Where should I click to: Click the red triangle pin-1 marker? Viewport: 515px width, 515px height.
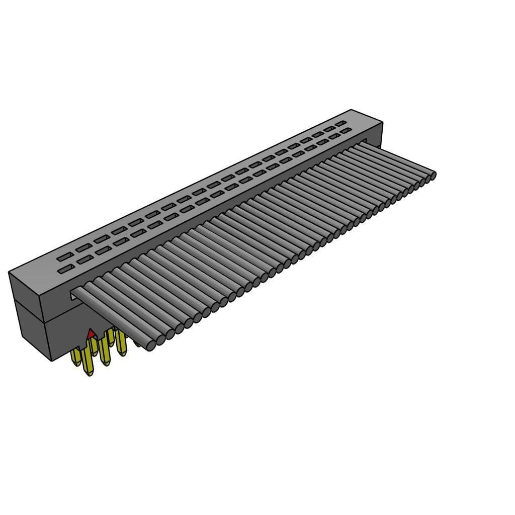(x=91, y=333)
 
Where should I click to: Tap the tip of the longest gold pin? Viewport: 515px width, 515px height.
(x=89, y=373)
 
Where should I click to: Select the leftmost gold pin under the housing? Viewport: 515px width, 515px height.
(x=76, y=358)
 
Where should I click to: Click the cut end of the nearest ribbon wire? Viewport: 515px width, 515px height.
(x=150, y=346)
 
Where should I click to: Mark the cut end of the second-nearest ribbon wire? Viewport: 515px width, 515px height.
(x=160, y=340)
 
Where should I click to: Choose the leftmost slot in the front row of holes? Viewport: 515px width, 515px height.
(x=64, y=271)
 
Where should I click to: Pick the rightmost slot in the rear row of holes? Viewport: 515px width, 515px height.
(x=341, y=123)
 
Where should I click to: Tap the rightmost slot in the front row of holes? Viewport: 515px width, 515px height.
(x=346, y=131)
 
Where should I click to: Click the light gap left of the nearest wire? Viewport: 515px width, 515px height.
(x=76, y=295)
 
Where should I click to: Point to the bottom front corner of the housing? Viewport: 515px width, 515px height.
(x=52, y=360)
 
